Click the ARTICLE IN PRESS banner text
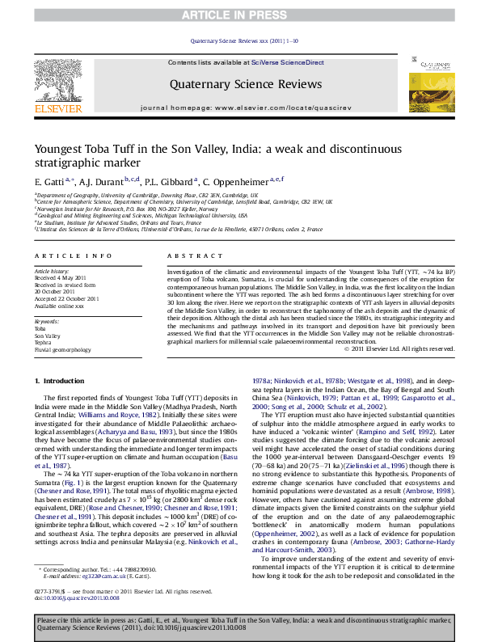[240, 15]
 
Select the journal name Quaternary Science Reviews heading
[240, 82]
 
